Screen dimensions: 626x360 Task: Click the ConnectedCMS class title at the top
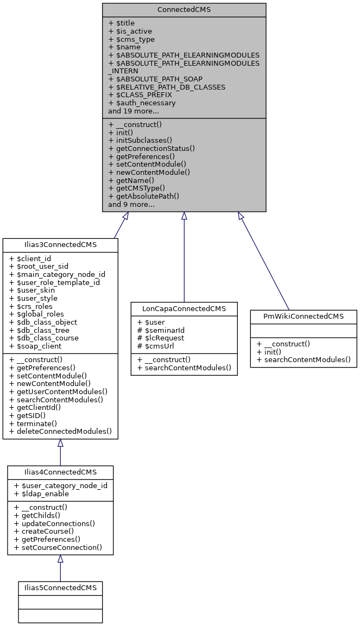click(x=184, y=10)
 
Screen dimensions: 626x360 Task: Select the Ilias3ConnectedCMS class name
click(x=60, y=244)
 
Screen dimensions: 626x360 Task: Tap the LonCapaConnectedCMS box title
click(x=184, y=308)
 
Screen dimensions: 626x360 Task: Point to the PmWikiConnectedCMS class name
click(x=304, y=317)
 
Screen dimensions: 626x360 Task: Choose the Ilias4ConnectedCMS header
click(x=60, y=472)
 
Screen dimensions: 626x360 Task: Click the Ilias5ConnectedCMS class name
click(x=60, y=588)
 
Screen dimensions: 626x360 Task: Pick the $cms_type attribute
click(x=131, y=39)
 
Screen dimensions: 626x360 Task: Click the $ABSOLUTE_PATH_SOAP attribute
click(x=155, y=79)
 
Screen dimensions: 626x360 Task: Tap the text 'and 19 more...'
click(x=134, y=111)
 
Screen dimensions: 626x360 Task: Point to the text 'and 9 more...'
click(x=131, y=204)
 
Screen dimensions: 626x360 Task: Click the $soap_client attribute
click(x=35, y=346)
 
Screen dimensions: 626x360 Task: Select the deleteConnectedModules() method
click(x=60, y=432)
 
